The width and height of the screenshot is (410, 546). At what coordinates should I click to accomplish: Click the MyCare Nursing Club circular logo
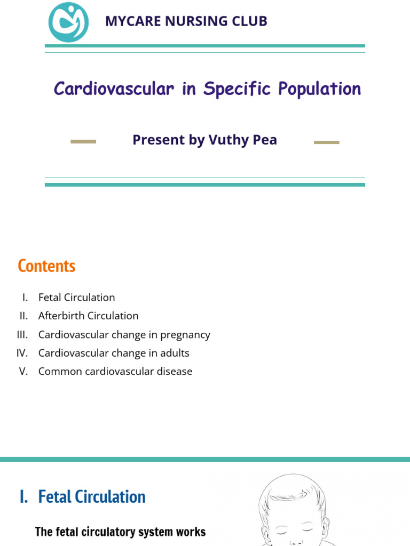pos(68,22)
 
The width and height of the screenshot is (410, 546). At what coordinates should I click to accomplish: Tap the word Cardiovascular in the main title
pos(114,89)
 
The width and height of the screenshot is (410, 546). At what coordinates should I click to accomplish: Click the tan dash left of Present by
pos(83,141)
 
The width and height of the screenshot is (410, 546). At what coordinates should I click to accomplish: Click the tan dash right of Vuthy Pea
pos(326,142)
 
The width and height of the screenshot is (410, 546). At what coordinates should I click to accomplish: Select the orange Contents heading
pos(46,266)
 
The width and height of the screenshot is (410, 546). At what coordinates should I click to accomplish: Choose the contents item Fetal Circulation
pos(76,298)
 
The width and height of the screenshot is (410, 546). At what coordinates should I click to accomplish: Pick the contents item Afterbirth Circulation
pos(88,316)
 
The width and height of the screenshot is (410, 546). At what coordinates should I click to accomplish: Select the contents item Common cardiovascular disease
pos(115,372)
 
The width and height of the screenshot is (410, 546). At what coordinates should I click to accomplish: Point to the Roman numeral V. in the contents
pos(23,372)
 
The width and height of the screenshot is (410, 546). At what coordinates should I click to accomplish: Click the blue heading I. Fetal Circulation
pos(82,497)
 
